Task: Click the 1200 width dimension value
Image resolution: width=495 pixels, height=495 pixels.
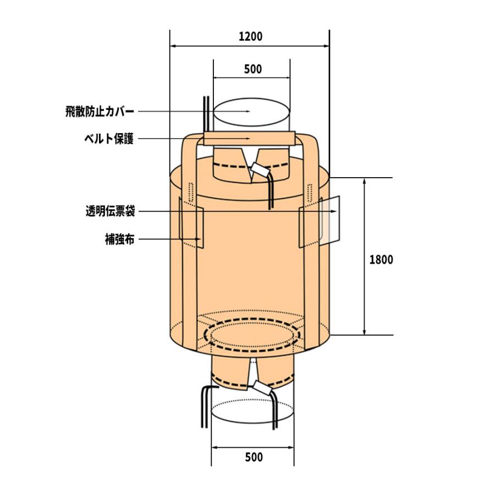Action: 250,37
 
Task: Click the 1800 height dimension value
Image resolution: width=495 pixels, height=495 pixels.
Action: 381,260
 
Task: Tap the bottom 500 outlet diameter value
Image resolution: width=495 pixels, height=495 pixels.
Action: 253,457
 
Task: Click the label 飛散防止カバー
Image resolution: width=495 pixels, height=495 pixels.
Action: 99,112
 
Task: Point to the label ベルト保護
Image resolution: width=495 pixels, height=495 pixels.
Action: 108,140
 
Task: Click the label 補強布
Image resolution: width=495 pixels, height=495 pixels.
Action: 119,239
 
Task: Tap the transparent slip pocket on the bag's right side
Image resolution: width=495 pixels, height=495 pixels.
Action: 332,220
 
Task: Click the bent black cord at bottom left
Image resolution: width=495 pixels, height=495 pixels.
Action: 202,407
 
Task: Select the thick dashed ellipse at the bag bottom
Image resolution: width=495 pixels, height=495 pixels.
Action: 252,334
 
